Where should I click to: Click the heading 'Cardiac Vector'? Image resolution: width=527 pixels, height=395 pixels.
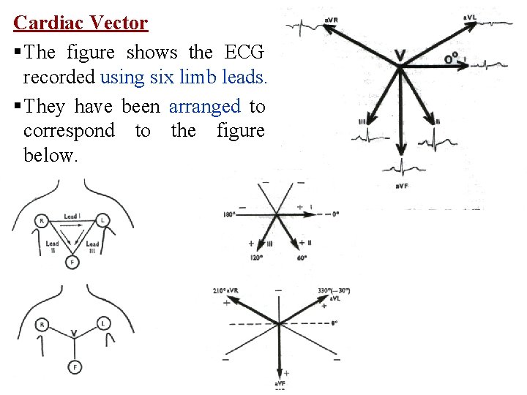[81, 23]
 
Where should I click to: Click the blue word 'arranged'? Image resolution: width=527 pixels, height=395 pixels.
[204, 106]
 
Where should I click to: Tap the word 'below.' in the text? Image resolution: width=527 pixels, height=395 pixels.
[50, 155]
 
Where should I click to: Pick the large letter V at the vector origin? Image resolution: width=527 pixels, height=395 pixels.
[400, 55]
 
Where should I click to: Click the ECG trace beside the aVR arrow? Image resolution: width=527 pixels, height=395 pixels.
[302, 26]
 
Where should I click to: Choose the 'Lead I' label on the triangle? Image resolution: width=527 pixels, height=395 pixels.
[71, 217]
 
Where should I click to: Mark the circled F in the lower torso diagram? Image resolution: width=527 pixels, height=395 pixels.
[74, 367]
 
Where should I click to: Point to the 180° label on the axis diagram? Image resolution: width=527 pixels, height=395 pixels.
[229, 214]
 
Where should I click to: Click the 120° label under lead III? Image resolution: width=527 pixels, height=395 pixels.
[257, 257]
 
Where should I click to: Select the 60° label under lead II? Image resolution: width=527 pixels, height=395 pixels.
[301, 257]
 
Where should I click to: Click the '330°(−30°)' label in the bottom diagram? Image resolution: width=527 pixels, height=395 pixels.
[334, 290]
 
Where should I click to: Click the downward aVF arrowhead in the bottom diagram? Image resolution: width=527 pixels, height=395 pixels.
[280, 371]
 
